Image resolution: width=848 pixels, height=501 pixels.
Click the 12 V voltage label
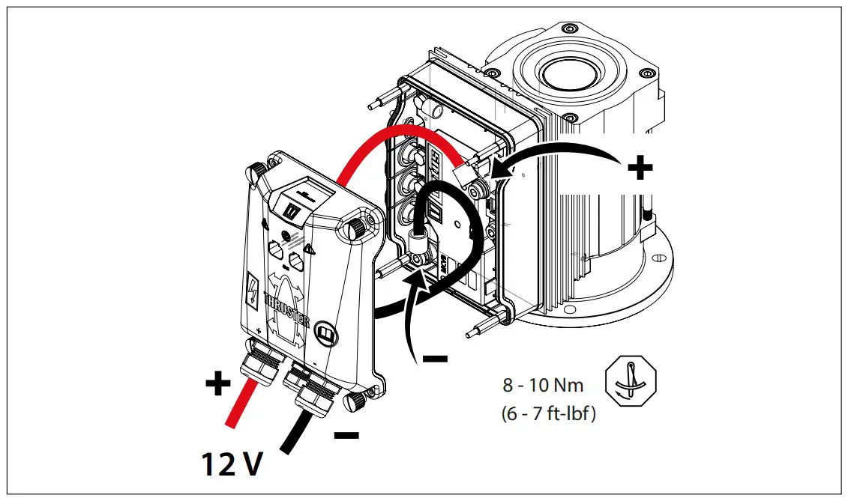pyautogui.click(x=232, y=464)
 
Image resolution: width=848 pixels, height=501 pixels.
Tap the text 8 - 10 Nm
pyautogui.click(x=543, y=386)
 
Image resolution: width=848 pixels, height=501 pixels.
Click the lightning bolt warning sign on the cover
pyautogui.click(x=254, y=291)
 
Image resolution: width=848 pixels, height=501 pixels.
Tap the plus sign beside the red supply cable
pyautogui.click(x=217, y=384)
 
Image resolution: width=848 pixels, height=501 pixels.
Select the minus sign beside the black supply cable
pyautogui.click(x=346, y=434)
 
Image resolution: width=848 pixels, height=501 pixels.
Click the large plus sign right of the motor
pyautogui.click(x=639, y=168)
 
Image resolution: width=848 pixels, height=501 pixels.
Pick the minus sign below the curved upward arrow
pyautogui.click(x=435, y=359)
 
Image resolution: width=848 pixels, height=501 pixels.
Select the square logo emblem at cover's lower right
pyautogui.click(x=326, y=331)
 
